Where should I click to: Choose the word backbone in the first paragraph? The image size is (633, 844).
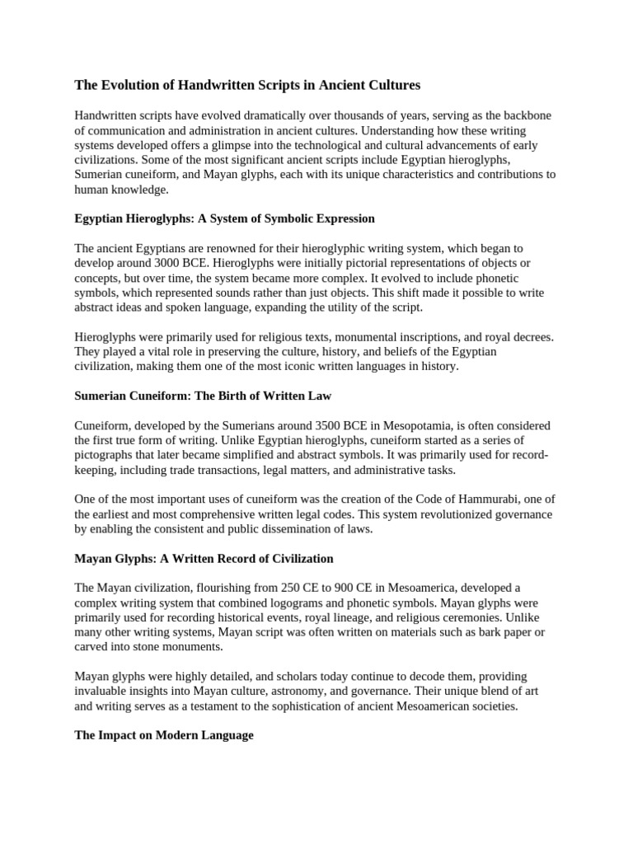pos(524,115)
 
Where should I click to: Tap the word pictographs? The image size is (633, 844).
pos(104,456)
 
